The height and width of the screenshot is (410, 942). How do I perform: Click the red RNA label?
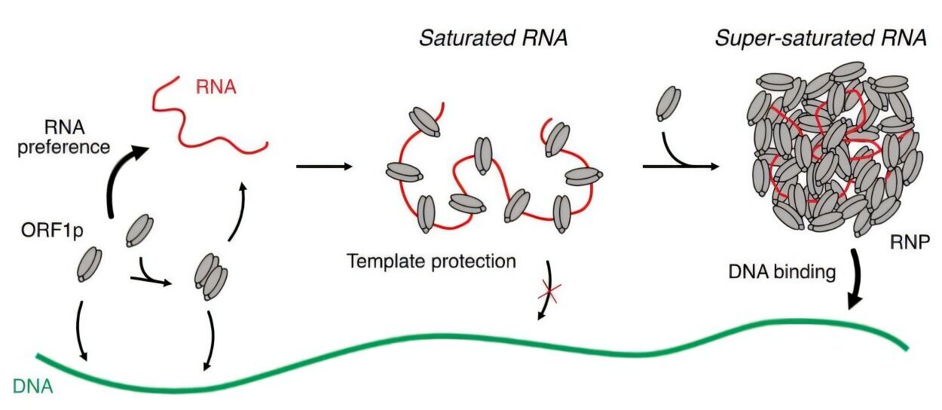216,87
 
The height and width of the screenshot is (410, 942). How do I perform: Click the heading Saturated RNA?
493,38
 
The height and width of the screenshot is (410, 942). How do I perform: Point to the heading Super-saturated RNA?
821,38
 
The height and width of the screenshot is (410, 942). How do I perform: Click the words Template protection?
432,262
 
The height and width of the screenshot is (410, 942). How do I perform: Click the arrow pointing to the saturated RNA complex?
324,166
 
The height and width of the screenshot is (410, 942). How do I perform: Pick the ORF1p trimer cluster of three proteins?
211,277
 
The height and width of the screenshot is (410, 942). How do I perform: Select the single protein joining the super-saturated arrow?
668,103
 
